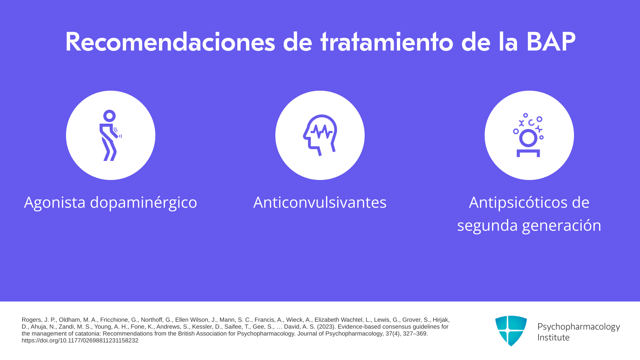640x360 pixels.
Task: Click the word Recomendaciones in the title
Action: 170,42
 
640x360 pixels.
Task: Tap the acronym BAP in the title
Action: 551,42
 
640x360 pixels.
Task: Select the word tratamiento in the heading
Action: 387,42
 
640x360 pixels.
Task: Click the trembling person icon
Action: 110,135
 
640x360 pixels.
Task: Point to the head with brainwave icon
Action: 320,135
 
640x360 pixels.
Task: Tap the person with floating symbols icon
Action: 529,135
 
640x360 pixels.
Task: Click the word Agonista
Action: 55,202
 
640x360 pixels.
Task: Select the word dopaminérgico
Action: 143,203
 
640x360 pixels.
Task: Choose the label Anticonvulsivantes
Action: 320,202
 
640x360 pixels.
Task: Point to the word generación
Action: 562,226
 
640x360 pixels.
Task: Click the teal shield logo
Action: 511,331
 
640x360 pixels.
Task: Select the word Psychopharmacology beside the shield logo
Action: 579,327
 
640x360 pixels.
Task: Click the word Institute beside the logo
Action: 553,337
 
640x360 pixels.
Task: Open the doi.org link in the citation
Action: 80,340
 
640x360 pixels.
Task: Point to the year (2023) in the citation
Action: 327,327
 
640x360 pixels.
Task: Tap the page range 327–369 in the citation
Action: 414,334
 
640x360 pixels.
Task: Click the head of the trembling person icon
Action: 109,116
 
